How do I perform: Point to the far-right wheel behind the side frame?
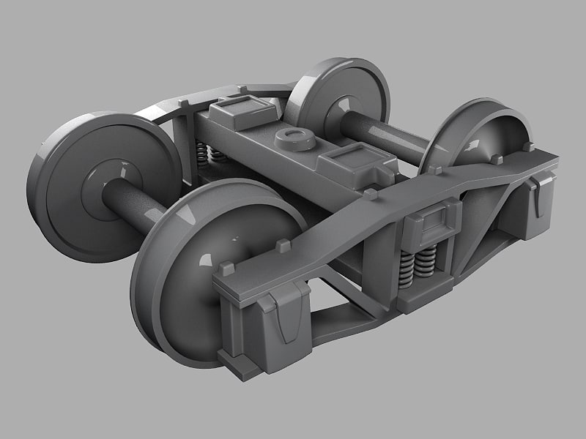tap(476, 135)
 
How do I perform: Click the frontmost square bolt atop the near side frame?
tap(228, 268)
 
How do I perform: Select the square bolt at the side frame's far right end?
tap(528, 147)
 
